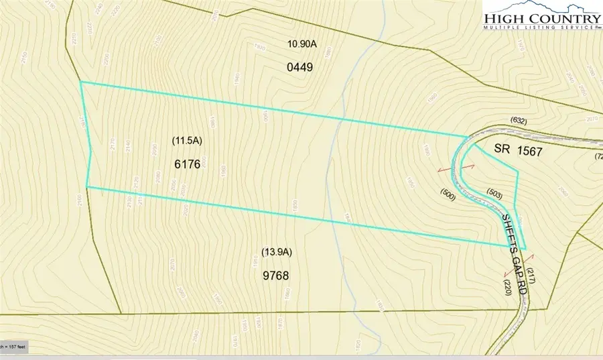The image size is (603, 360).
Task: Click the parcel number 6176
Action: [x=186, y=163]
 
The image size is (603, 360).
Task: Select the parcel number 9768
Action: [x=275, y=274]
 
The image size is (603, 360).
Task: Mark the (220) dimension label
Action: [x=509, y=287]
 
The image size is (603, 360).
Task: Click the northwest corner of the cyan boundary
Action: [x=81, y=82]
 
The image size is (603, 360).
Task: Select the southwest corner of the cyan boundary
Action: [x=87, y=187]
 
